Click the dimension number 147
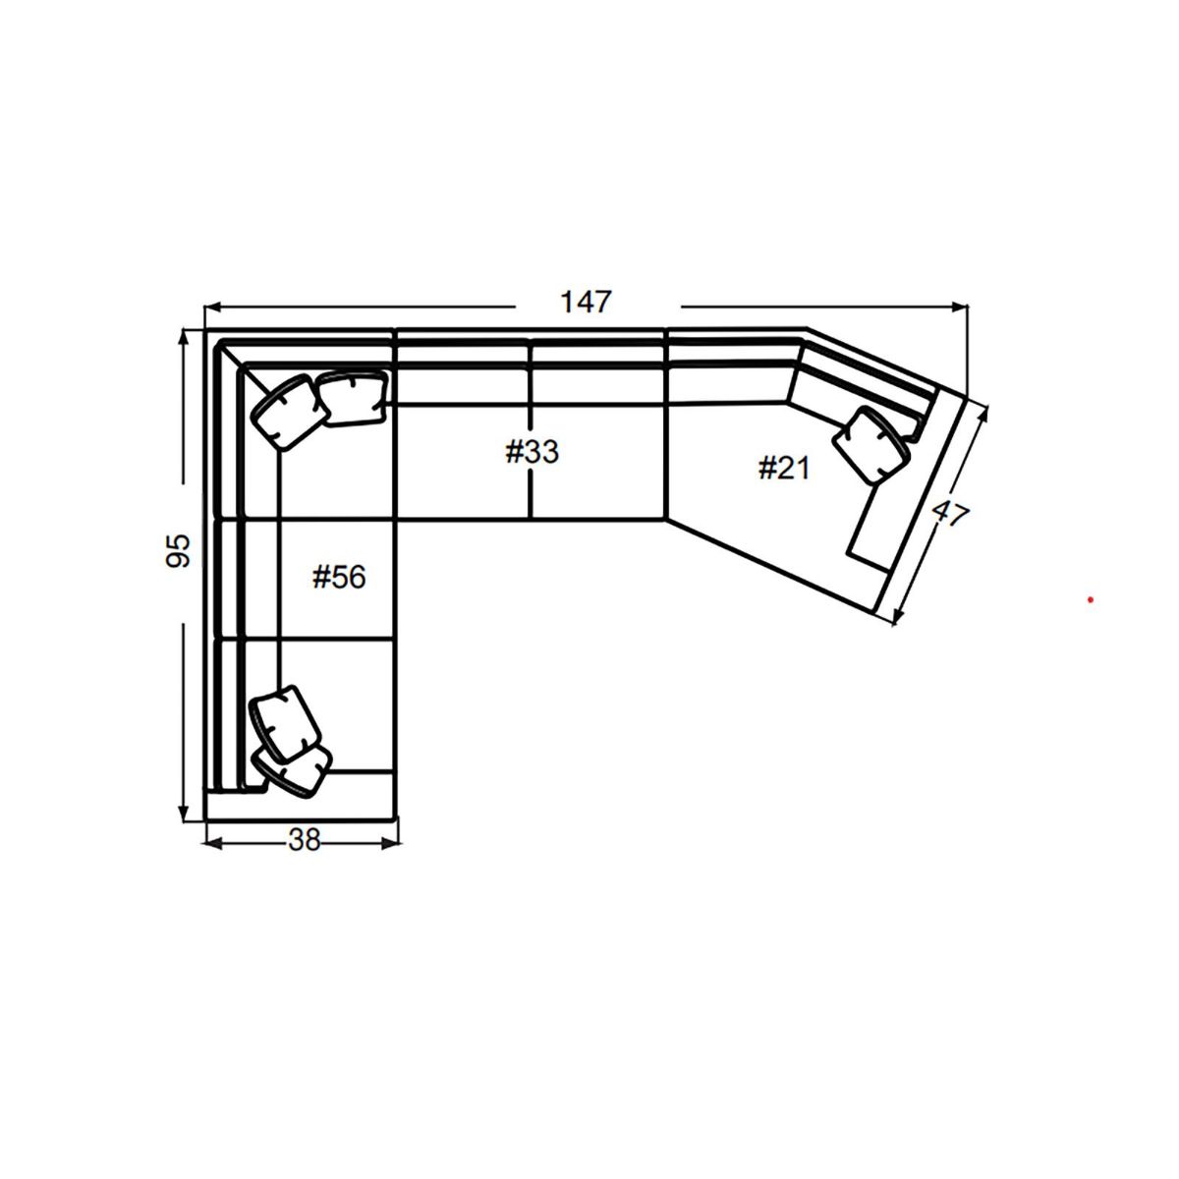586,302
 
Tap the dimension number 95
178,552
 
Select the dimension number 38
305,840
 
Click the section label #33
532,452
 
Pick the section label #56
338,578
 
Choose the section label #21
783,469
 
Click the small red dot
1090,599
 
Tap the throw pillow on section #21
870,444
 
